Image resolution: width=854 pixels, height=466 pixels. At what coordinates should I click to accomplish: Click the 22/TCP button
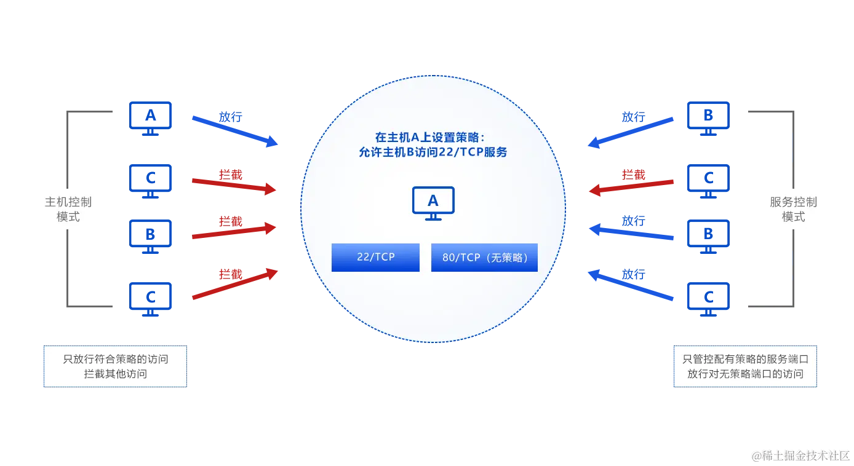pos(375,258)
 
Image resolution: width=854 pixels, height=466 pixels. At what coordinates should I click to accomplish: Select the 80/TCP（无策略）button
pos(484,258)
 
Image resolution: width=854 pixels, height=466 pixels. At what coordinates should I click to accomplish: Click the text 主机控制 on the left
pos(68,202)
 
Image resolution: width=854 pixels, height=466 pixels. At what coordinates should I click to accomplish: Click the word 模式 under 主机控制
pos(68,217)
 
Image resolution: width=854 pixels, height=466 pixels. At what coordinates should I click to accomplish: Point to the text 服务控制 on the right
pos(793,202)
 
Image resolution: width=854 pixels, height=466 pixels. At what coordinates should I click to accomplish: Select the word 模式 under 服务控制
pos(793,217)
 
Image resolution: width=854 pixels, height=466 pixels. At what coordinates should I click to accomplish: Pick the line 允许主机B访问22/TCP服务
pos(433,152)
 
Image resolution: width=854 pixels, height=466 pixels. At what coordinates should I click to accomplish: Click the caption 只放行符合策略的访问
pos(116,359)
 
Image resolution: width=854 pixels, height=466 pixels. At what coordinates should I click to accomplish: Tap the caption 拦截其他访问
pos(116,374)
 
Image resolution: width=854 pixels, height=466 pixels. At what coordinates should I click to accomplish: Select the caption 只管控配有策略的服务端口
pos(745,359)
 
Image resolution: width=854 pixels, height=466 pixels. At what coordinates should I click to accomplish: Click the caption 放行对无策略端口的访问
pos(745,374)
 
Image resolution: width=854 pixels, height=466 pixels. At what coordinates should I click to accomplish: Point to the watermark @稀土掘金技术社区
pos(799,456)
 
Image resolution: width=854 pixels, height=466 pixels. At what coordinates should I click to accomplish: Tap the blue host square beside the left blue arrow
pos(150,116)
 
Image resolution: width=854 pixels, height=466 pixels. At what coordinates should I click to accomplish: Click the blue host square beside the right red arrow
pos(708,180)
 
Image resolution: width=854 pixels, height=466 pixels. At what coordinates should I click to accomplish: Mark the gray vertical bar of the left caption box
pos(42,366)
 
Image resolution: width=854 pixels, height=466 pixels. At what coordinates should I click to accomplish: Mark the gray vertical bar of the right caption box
pos(672,366)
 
